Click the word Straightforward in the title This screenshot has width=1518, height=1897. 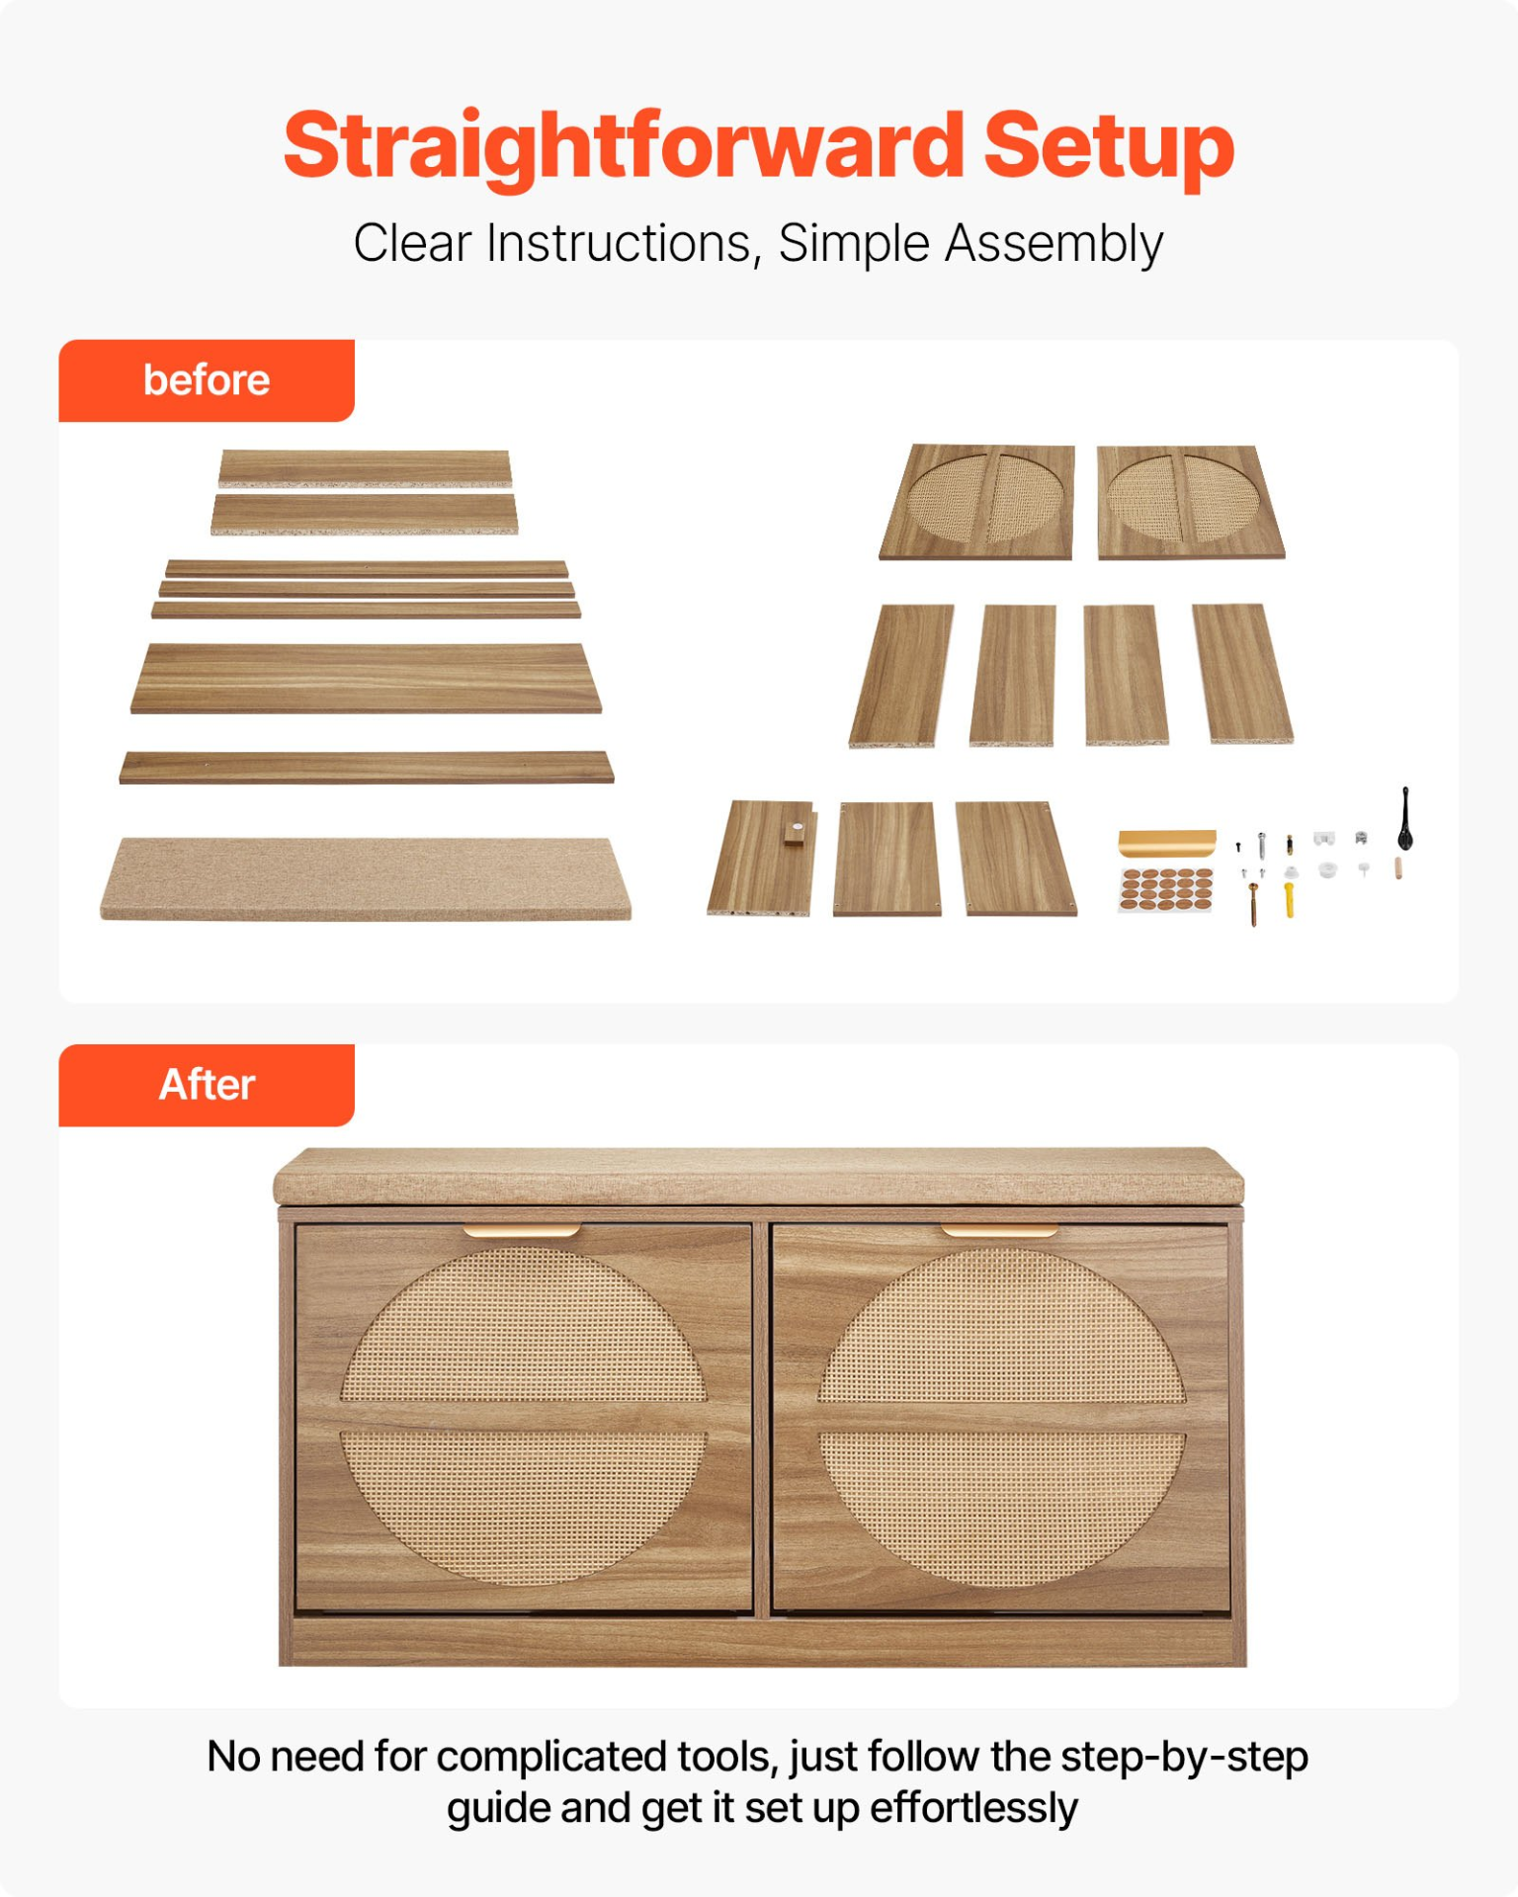624,146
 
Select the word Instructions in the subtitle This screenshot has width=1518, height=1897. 624,243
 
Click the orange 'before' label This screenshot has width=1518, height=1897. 207,380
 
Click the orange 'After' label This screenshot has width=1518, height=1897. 207,1085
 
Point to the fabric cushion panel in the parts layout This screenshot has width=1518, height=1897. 366,878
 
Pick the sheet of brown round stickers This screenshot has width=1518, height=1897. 1166,888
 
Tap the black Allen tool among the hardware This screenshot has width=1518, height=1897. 1405,820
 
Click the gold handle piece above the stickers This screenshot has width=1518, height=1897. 1167,842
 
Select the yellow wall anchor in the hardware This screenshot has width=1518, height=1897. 1290,899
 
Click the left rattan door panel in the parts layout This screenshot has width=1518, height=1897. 977,502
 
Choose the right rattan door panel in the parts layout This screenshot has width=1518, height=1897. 1190,502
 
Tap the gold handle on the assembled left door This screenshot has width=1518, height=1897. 522,1230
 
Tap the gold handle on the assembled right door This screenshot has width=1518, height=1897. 999,1230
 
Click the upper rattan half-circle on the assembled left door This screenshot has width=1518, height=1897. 524,1325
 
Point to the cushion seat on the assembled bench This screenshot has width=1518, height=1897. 759,1176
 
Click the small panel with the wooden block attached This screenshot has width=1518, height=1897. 761,858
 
